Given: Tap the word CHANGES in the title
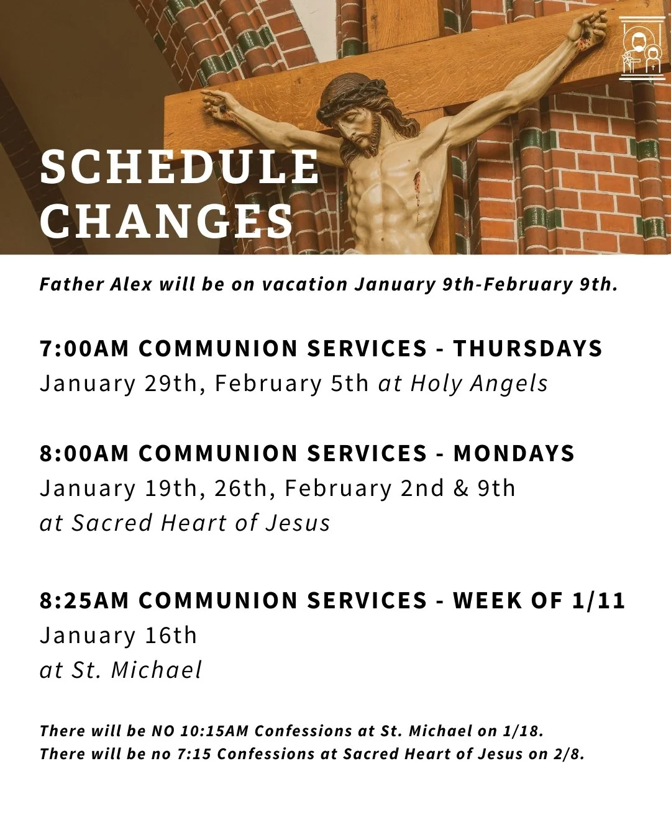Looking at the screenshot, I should (167, 221).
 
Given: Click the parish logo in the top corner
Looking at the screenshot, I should (642, 49).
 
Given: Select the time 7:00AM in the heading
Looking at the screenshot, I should (84, 348).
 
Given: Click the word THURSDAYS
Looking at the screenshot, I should (527, 348).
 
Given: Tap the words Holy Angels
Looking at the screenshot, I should (479, 383).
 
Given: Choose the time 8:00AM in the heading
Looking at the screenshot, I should (84, 453).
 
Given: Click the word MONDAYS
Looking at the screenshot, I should (514, 453).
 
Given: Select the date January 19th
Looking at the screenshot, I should (118, 488).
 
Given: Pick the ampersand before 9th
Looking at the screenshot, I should (461, 488).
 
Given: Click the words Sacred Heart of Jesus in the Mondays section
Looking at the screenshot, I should (201, 523).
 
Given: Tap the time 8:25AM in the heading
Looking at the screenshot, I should (84, 600).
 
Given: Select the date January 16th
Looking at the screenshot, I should (118, 635).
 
